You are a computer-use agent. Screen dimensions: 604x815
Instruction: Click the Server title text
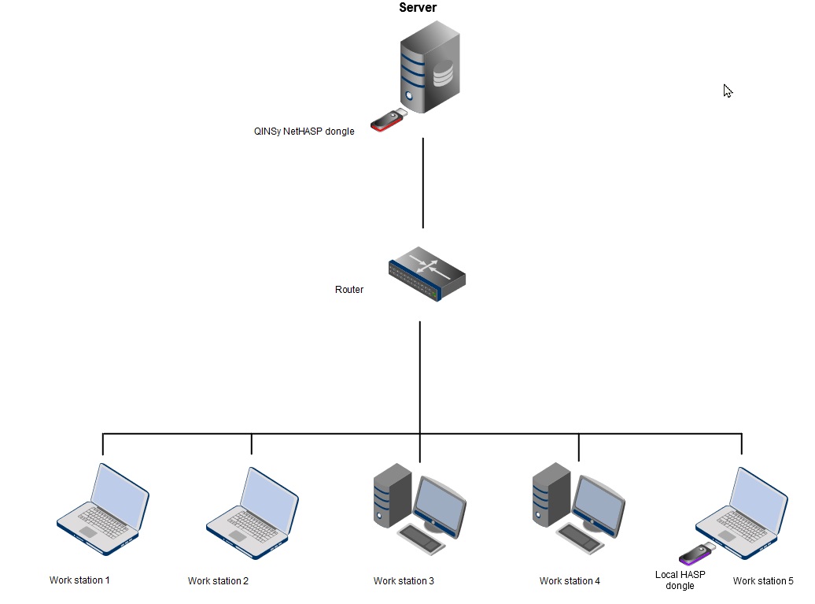[418, 8]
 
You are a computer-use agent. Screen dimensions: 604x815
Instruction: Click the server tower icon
[429, 68]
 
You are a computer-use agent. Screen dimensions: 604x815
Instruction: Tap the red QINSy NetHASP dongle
[388, 120]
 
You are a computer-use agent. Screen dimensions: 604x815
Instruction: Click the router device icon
[426, 273]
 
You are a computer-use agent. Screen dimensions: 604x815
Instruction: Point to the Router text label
[349, 290]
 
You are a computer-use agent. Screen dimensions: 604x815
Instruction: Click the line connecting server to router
[423, 183]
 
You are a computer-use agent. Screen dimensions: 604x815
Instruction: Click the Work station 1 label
[79, 580]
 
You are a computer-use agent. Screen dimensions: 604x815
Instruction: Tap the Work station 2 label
[218, 581]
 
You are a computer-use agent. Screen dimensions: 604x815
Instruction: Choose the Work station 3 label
[404, 581]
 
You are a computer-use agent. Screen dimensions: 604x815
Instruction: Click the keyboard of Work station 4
[582, 537]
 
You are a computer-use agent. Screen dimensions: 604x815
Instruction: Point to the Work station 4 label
[570, 581]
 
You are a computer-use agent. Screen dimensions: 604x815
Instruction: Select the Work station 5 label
[763, 581]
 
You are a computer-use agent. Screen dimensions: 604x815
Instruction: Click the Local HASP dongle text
[680, 580]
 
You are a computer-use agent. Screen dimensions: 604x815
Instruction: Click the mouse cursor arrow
[728, 91]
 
